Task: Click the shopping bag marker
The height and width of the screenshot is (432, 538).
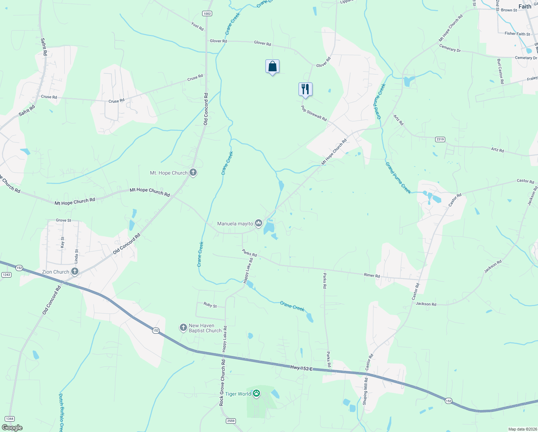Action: [x=272, y=67]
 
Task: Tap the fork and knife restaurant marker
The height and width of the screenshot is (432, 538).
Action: [x=305, y=89]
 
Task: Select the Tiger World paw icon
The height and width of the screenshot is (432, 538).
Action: [x=256, y=393]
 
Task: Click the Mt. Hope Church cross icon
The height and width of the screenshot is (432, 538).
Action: [x=193, y=173]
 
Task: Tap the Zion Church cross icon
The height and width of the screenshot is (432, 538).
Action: [x=75, y=271]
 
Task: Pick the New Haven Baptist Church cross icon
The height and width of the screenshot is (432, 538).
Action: [x=183, y=328]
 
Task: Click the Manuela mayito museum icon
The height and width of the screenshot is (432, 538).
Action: [x=259, y=224]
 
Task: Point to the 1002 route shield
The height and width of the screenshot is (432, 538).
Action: [x=207, y=14]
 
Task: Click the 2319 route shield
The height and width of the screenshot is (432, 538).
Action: [x=440, y=139]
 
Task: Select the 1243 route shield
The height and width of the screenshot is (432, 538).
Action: [x=6, y=275]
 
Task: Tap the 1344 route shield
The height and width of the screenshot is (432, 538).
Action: [x=10, y=419]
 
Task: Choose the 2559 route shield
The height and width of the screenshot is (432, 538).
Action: [x=231, y=421]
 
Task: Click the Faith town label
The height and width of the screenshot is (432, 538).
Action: [x=525, y=6]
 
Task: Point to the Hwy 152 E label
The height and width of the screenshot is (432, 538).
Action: [x=301, y=368]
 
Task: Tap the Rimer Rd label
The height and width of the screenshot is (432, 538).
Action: [x=372, y=275]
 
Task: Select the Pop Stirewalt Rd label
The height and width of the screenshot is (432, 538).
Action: [x=314, y=113]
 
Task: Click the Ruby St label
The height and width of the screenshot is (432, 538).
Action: [x=210, y=305]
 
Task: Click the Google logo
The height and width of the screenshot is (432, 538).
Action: [x=12, y=428]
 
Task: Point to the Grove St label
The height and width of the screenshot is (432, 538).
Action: [x=63, y=220]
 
